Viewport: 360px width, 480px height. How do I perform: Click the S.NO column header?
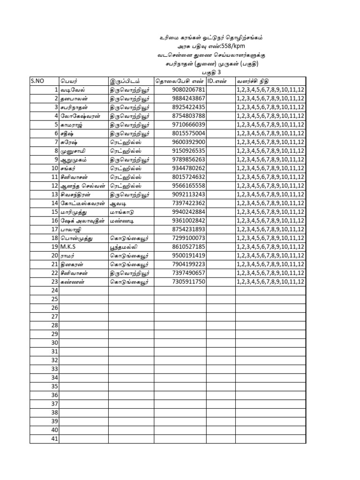pyautogui.click(x=37, y=81)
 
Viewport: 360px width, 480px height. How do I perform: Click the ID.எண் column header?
pyautogui.click(x=217, y=81)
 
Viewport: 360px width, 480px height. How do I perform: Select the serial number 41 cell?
pyautogui.click(x=54, y=439)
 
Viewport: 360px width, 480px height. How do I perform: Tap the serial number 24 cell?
pyautogui.click(x=54, y=290)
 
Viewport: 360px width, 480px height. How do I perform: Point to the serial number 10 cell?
pyautogui.click(x=54, y=168)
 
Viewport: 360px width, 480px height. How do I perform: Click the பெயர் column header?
pyautogui.click(x=68, y=81)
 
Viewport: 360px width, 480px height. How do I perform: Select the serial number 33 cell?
pyautogui.click(x=54, y=369)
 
